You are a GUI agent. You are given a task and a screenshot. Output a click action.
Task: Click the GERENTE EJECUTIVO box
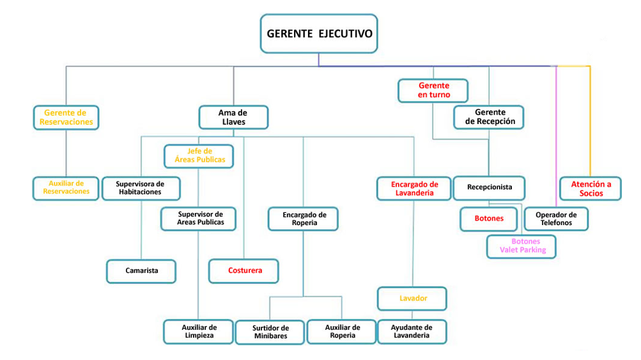(x=318, y=33)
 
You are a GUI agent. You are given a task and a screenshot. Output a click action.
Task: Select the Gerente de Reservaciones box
(x=66, y=118)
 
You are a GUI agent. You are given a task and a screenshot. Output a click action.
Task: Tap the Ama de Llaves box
(x=233, y=118)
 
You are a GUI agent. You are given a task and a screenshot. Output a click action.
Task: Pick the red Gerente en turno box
(x=433, y=90)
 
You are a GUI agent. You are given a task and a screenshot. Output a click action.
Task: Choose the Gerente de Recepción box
(x=490, y=117)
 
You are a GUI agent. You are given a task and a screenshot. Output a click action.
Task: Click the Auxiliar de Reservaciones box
(x=66, y=188)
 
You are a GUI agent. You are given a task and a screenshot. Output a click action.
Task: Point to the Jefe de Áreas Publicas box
(x=199, y=155)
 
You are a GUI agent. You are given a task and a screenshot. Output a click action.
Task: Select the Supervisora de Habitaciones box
(x=141, y=188)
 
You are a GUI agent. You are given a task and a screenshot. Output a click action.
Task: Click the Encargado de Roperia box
(x=304, y=219)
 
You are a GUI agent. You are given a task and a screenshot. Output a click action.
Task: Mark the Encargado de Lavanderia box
(x=415, y=189)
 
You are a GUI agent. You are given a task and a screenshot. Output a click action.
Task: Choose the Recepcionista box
(x=489, y=188)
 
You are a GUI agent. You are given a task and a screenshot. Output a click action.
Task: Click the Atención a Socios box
(x=591, y=189)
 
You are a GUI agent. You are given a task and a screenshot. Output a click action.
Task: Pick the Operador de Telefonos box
(x=555, y=219)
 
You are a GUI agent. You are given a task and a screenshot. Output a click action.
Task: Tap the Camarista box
(x=141, y=271)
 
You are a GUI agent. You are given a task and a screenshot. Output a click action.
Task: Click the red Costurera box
(x=244, y=271)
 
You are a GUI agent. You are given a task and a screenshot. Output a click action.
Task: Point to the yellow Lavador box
(x=412, y=299)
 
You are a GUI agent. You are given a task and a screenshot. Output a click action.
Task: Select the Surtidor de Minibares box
(x=270, y=332)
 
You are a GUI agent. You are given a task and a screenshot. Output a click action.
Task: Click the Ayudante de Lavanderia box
(x=412, y=331)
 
